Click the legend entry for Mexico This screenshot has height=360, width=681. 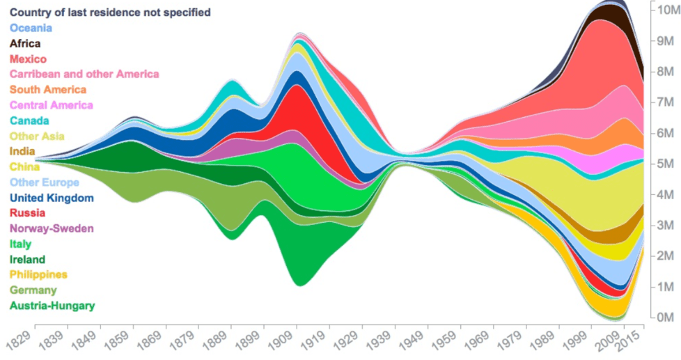coord(28,59)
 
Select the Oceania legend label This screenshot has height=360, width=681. coord(31,28)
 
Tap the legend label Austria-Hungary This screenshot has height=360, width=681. coord(52,305)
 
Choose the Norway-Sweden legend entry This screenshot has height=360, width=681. coord(52,228)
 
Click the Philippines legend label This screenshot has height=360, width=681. coord(38,274)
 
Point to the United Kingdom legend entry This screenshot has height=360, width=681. coord(52,198)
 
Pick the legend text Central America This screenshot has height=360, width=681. coord(51,105)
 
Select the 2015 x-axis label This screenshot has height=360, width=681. coord(634,341)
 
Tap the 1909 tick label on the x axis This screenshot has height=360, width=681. coord(283,342)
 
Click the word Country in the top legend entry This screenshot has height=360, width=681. coord(31,13)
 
